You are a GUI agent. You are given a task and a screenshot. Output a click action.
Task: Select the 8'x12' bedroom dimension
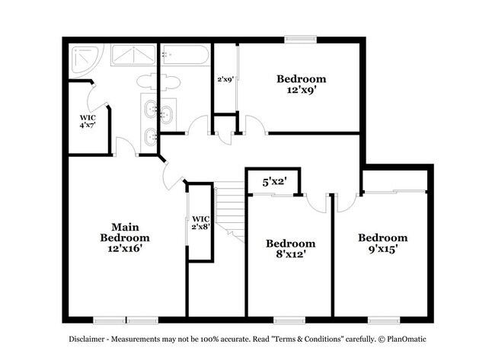[290, 255]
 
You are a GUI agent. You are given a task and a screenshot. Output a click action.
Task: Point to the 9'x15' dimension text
[383, 249]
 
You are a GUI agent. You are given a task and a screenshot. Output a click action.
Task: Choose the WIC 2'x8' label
[200, 223]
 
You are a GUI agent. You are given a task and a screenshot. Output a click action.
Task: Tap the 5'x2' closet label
[273, 182]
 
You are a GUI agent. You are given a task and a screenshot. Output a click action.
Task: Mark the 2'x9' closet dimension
[225, 78]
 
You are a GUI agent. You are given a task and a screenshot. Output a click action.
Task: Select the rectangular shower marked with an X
[133, 56]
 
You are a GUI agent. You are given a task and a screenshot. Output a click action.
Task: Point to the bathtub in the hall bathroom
[184, 56]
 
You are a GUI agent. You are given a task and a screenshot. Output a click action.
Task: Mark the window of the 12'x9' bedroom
[301, 38]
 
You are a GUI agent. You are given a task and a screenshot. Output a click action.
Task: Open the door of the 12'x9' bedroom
[254, 123]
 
